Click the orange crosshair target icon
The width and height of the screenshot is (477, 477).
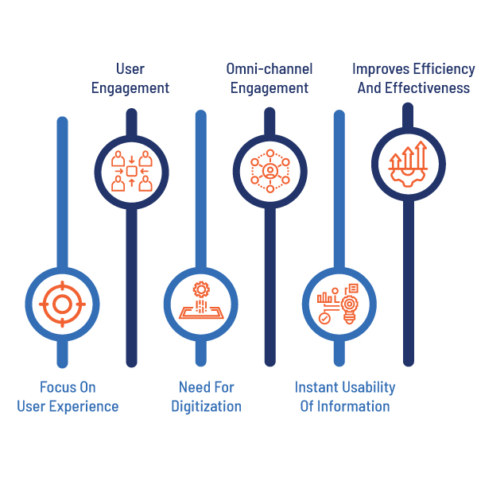pos(62,304)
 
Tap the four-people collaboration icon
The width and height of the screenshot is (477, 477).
pos(132,171)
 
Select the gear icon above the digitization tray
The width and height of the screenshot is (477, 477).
pos(201,289)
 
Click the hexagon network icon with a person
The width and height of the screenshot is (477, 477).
pos(270,171)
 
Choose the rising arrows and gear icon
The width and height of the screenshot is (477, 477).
pos(408,164)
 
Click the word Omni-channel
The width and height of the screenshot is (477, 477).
pos(270,68)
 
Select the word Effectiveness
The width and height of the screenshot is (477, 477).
pos(427,88)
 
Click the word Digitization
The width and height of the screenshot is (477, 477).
pos(206,407)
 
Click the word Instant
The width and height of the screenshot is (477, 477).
pos(316,387)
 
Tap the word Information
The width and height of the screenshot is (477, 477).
pos(354,406)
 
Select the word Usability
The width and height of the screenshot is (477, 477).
pos(369,388)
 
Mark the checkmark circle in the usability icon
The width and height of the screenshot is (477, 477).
pos(324,318)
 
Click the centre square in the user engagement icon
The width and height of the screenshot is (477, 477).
pos(132,171)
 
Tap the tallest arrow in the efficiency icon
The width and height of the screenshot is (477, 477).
pos(421,154)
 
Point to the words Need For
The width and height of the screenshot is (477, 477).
pos(206,387)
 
